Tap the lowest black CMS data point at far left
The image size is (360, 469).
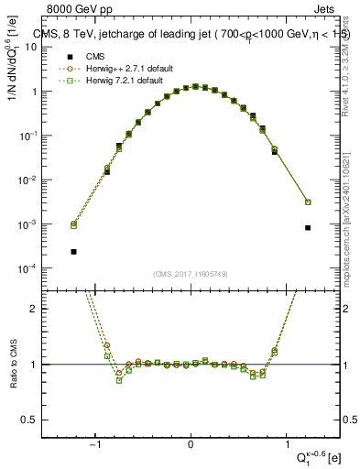73,251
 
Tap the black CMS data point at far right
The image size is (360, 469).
308,227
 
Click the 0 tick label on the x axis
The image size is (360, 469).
191,446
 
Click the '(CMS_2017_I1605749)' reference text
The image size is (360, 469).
191,274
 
